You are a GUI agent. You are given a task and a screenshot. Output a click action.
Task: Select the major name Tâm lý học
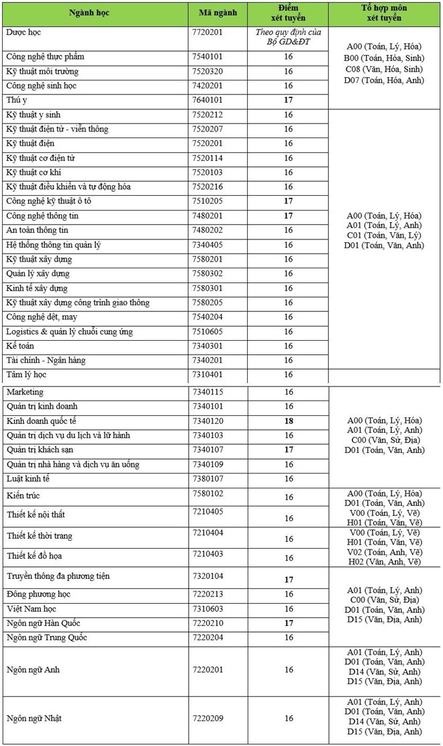tap(26, 374)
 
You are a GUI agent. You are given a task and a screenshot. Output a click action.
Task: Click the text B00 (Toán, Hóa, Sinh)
tap(383, 58)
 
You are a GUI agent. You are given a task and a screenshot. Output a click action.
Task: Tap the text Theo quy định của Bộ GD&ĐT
tap(289, 38)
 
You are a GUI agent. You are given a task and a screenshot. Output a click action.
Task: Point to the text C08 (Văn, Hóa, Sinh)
tap(383, 69)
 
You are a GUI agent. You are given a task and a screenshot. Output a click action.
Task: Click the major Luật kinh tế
tap(28, 479)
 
